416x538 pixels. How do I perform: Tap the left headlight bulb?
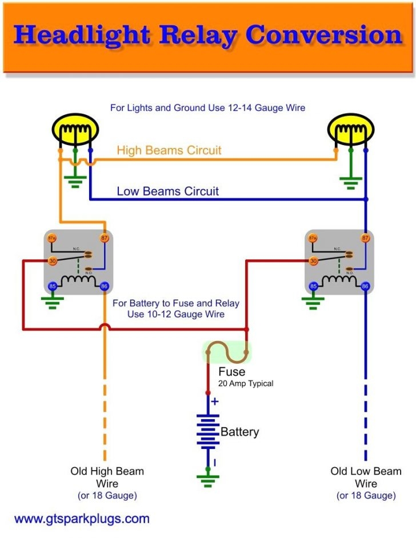75,132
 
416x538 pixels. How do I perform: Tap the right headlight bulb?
350,132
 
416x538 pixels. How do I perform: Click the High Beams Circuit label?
169,151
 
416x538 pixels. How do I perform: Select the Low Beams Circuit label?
167,191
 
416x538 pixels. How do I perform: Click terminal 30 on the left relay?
52,261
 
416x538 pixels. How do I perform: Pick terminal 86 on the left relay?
105,286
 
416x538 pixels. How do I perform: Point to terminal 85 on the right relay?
313,286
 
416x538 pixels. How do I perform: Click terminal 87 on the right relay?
365,238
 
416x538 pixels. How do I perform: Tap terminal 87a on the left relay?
52,238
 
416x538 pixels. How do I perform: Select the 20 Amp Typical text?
246,384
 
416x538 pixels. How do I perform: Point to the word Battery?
239,432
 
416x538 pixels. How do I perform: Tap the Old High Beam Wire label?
107,477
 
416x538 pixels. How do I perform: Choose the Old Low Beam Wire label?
366,477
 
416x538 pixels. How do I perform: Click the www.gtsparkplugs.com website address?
82,519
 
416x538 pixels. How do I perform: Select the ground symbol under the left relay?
53,302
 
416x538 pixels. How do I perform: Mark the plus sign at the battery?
215,402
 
